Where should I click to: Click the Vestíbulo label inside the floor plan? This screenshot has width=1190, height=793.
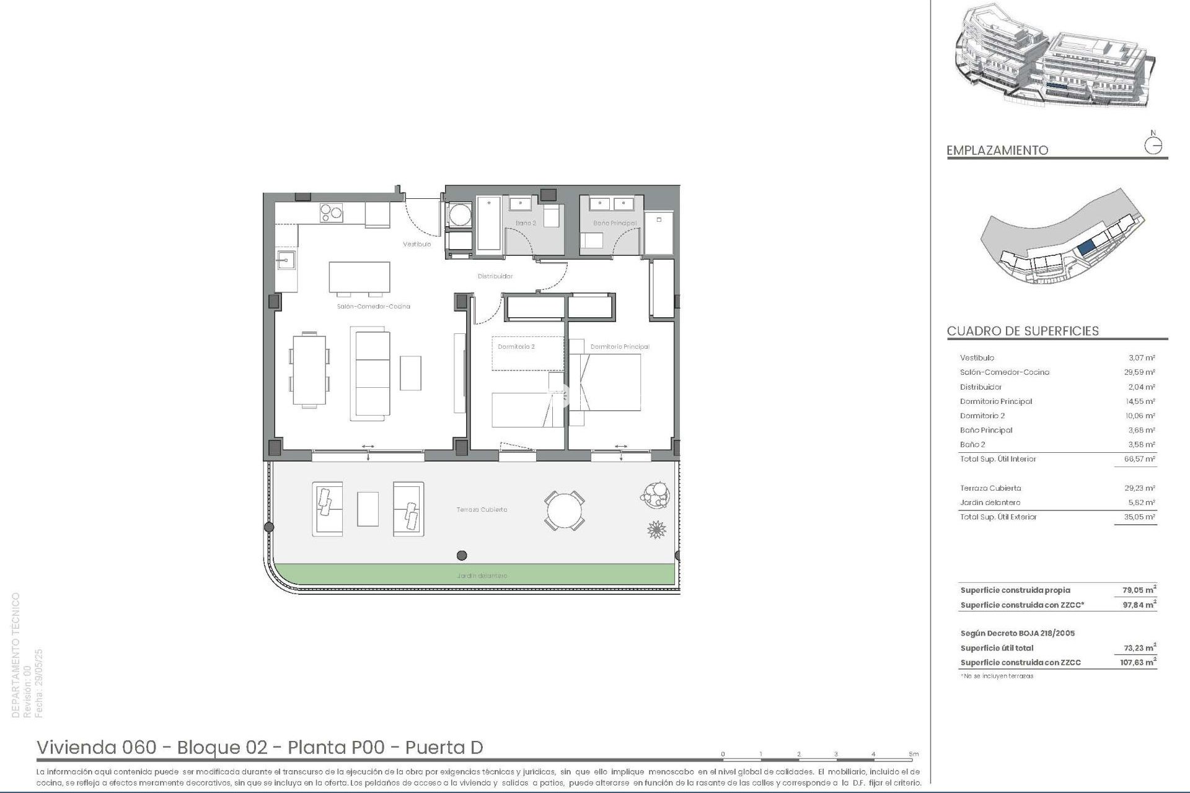pos(416,244)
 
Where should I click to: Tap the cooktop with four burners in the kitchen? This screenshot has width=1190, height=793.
pos(331,213)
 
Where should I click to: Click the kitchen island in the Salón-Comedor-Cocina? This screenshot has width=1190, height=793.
pos(359,277)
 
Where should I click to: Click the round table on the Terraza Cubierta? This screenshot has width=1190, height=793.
pos(564,510)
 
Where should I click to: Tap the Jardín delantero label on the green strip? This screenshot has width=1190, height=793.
pos(482,576)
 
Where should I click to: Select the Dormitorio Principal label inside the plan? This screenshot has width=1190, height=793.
pos(619,347)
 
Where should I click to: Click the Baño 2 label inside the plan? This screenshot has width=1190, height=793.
pos(525,223)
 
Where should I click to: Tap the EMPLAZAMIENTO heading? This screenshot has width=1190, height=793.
pos(997,151)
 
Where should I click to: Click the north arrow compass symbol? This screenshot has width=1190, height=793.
pos(1153,146)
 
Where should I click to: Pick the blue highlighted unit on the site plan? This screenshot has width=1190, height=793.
pos(1086,248)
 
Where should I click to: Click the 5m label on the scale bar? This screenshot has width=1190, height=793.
pos(914,754)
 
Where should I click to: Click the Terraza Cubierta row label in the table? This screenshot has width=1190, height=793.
pos(990,488)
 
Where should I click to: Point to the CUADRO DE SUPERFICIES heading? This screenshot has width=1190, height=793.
pos(1023,331)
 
